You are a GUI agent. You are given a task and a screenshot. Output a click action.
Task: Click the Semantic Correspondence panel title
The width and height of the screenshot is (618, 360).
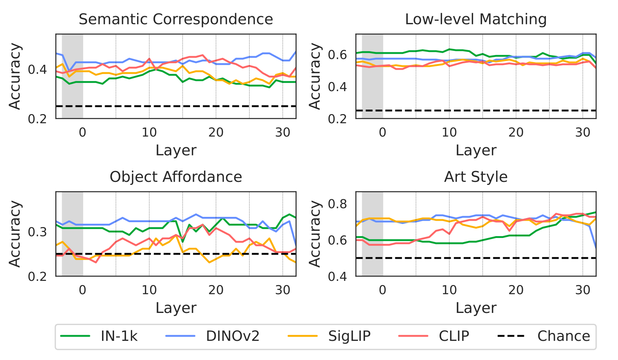click(x=176, y=19)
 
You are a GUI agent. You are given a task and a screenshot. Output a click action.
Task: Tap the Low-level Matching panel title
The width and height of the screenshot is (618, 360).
click(x=476, y=19)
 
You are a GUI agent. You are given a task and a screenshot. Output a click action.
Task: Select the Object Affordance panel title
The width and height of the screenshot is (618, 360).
click(x=176, y=177)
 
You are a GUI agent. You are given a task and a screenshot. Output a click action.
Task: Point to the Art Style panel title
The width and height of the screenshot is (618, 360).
click(x=476, y=177)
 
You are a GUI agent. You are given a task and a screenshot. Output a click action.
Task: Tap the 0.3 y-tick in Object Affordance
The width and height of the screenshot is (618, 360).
click(x=38, y=232)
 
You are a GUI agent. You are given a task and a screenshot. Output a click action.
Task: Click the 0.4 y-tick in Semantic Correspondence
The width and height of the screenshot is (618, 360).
click(x=38, y=70)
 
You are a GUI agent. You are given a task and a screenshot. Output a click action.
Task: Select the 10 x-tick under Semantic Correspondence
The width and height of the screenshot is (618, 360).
click(x=149, y=132)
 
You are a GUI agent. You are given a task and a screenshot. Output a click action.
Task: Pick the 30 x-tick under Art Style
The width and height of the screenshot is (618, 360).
click(x=583, y=290)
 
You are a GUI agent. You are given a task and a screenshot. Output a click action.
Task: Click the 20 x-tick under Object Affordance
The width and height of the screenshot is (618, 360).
click(x=216, y=290)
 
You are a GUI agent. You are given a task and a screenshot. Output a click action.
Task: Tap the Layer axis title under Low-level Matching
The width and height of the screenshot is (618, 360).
click(x=476, y=150)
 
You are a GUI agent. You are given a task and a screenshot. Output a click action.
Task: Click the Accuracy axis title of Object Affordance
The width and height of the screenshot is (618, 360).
click(x=15, y=234)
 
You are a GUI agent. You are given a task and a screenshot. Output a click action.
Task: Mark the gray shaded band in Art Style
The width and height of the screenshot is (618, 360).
click(x=372, y=233)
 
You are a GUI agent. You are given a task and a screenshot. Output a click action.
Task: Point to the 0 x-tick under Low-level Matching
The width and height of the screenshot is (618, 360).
click(x=383, y=132)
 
